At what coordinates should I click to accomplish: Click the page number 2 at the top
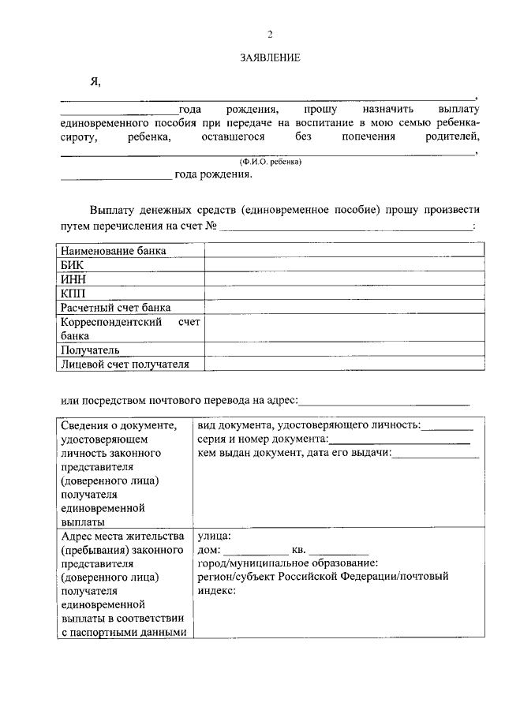pos(270,35)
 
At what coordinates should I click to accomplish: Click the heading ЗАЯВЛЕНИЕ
pos(271,58)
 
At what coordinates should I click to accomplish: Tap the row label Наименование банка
pos(114,251)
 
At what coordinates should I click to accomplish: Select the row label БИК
pos(72,265)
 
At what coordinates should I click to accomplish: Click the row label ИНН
pos(73,279)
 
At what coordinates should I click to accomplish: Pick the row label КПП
pos(73,293)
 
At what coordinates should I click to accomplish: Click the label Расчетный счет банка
pos(116,308)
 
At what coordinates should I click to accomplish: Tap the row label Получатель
pos(90,350)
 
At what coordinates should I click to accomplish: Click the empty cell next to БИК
pos(345,265)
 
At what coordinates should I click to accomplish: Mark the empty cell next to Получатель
pos(345,350)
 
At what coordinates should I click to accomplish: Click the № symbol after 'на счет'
pos(211,227)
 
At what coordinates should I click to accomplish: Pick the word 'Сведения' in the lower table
pos(88,425)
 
